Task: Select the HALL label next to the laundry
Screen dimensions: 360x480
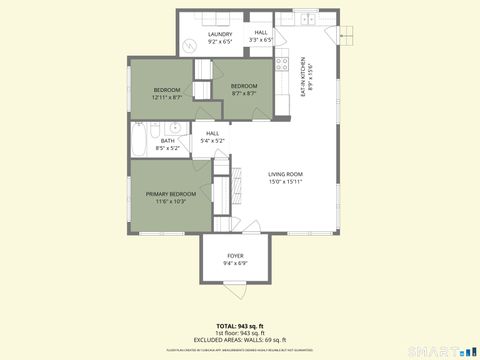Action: (260, 32)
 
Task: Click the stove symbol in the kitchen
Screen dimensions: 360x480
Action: (283, 76)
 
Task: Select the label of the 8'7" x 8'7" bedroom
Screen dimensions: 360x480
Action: (244, 86)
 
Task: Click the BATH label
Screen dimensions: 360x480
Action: (168, 141)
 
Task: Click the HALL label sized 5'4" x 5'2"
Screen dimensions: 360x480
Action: (213, 133)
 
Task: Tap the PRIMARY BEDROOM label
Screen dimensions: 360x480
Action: (170, 193)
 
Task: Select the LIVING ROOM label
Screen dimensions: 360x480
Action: (285, 174)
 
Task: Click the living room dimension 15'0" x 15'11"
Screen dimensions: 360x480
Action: (285, 182)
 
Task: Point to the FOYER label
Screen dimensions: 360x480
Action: (235, 256)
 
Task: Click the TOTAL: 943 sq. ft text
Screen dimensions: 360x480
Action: (240, 326)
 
